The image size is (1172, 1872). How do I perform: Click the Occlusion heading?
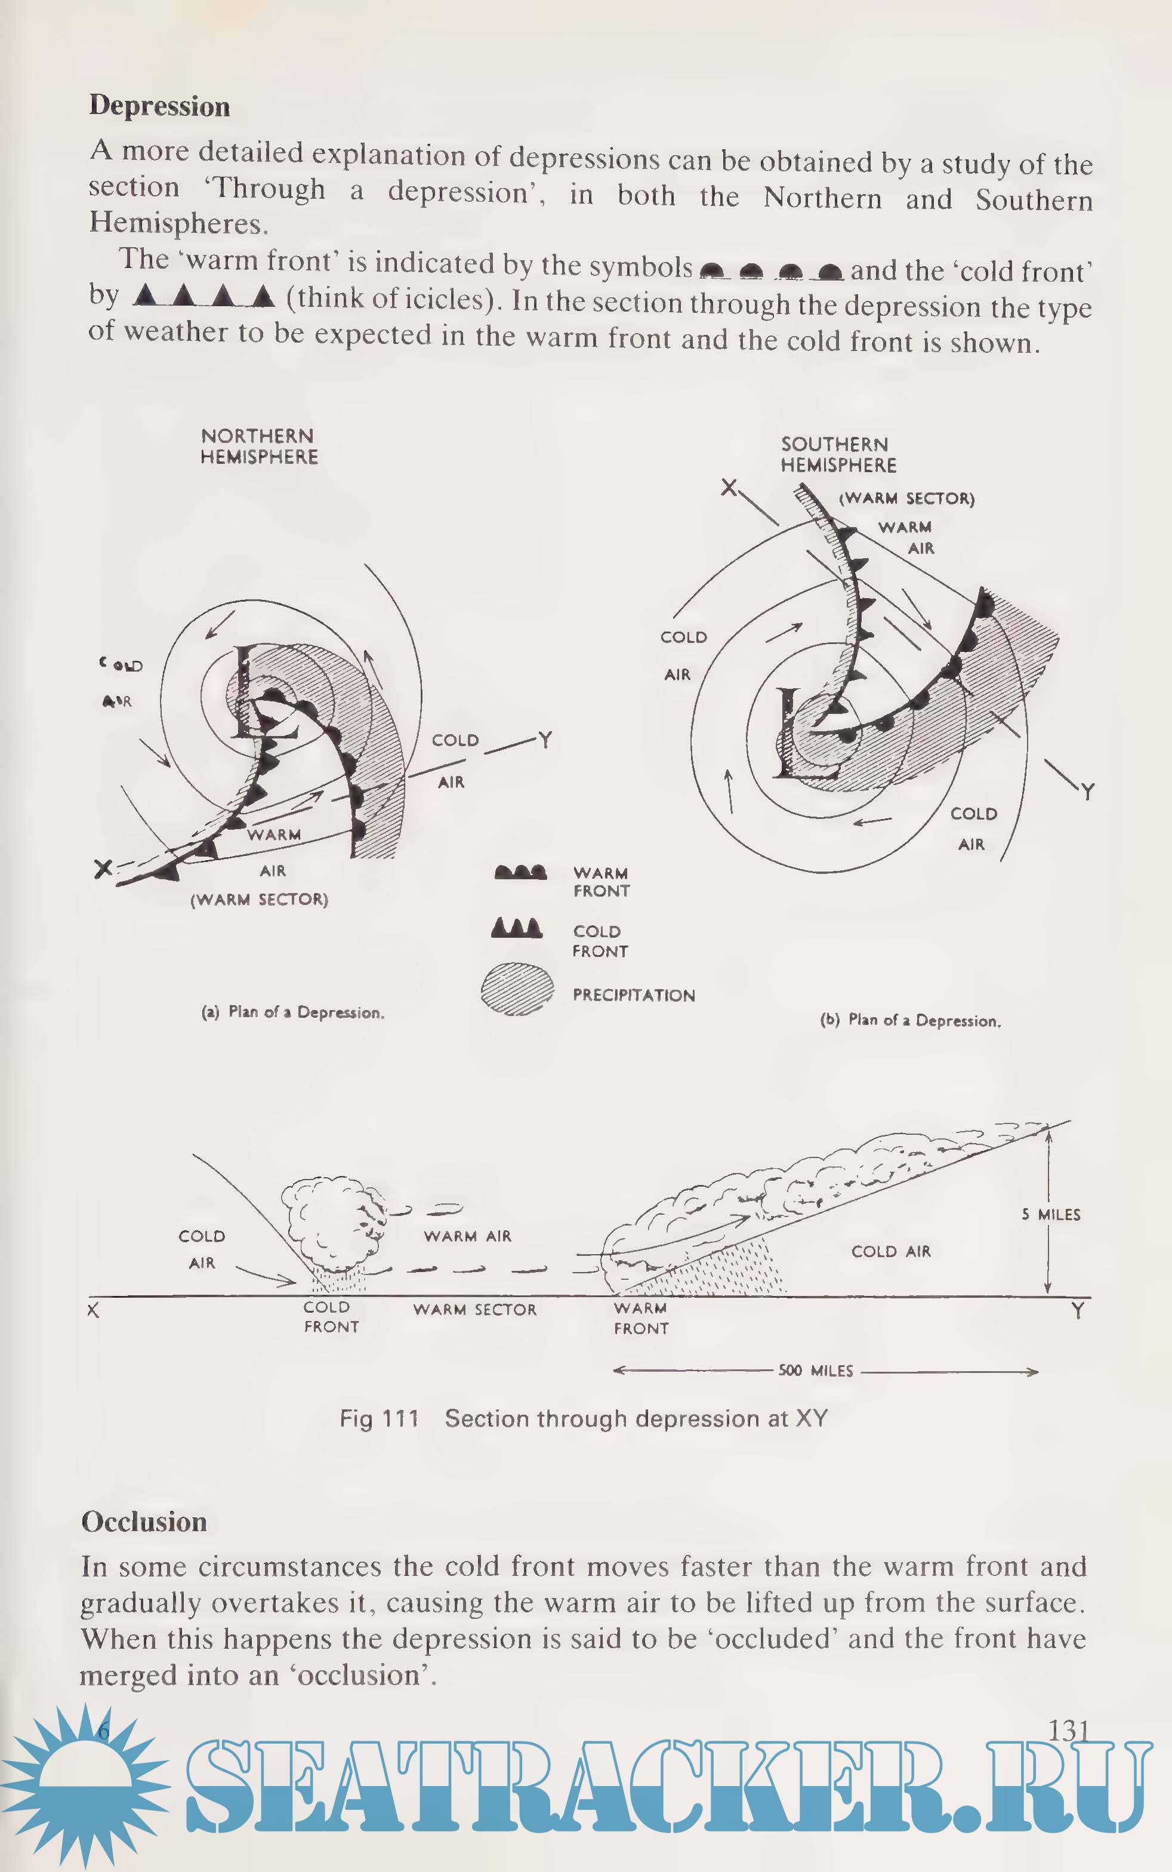click(144, 1522)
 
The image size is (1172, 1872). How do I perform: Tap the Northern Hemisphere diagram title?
click(259, 447)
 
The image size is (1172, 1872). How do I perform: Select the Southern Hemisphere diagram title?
click(838, 455)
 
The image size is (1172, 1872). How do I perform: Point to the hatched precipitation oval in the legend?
click(517, 989)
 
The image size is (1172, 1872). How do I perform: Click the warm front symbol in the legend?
click(520, 873)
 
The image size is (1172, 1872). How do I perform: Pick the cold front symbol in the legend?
click(517, 928)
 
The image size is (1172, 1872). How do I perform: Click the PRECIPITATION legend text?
click(633, 995)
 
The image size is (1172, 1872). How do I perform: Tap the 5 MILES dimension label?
click(1050, 1215)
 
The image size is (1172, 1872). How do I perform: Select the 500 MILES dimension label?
click(815, 1371)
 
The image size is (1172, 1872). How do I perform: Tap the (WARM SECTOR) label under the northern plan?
click(260, 899)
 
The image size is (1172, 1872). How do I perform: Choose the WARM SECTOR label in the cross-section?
click(474, 1309)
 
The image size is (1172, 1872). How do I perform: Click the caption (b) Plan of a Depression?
click(910, 1020)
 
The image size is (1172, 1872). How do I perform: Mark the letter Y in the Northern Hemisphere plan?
click(545, 740)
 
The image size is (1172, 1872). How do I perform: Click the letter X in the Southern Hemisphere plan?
click(729, 488)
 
